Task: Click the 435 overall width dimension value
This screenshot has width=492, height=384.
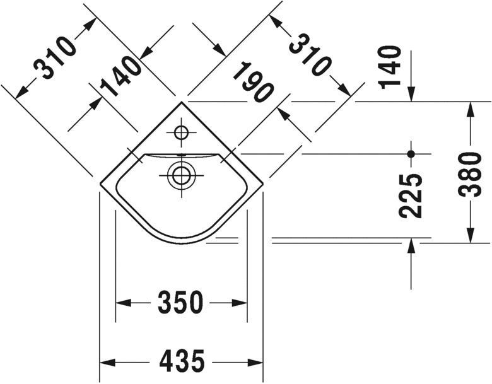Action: coord(182,362)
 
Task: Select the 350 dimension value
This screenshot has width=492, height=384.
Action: coord(182,303)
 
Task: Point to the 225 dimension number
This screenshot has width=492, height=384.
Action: coord(411,195)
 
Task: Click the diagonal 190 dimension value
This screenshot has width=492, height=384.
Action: coord(252,82)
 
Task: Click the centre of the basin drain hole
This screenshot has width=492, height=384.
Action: coord(181,175)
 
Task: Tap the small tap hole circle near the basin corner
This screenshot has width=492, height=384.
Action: coord(181,133)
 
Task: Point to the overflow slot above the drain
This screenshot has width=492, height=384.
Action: coord(180,154)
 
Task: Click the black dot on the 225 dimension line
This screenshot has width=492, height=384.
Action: coord(411,153)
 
